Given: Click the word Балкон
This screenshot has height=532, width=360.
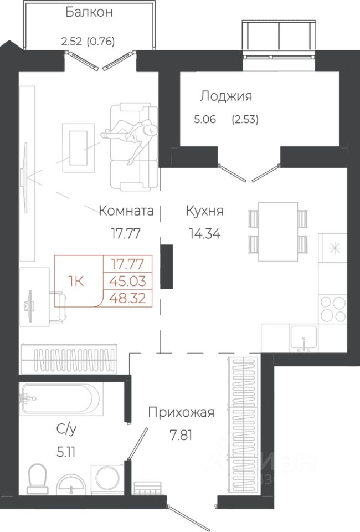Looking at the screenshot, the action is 89,12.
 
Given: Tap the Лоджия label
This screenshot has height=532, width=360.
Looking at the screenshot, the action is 226,96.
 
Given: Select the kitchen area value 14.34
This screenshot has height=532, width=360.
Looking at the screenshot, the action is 205,233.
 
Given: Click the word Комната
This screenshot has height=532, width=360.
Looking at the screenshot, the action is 126,211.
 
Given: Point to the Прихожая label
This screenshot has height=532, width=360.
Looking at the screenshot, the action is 181,412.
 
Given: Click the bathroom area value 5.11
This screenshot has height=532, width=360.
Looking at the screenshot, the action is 66,452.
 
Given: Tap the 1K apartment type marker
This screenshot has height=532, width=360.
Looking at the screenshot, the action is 76,282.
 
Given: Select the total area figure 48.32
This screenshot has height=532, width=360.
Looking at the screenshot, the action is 128,298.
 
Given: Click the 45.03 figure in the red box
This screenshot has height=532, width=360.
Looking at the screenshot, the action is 128,281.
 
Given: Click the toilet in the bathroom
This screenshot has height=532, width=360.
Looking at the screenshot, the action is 38,478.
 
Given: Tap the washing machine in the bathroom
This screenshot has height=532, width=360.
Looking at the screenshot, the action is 107,478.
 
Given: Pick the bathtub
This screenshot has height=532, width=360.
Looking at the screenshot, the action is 60,398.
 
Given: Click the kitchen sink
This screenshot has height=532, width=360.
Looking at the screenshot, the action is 304,338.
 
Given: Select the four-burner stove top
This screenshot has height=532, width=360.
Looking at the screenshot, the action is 333,309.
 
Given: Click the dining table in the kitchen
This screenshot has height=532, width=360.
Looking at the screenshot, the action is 278,232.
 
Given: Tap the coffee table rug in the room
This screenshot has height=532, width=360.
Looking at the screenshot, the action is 78,148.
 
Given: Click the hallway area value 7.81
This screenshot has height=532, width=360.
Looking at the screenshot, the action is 181,436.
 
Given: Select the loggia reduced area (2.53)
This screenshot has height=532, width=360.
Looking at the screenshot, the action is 245,120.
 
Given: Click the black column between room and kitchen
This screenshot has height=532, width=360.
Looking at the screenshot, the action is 167,267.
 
